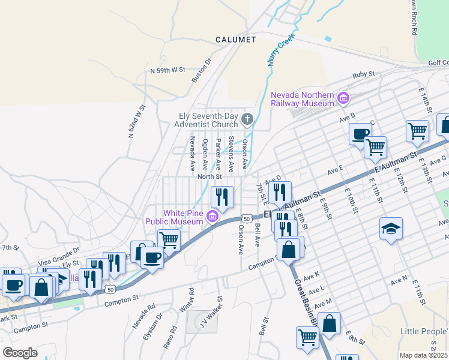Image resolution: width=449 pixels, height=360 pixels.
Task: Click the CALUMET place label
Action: [x=236, y=40]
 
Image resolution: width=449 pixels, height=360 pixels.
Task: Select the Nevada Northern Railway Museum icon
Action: [x=343, y=98]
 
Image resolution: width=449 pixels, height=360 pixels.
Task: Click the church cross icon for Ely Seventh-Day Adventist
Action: [x=247, y=118]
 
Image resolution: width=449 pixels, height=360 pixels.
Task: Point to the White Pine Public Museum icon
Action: [x=212, y=216]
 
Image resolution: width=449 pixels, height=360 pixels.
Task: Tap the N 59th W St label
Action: [x=167, y=71]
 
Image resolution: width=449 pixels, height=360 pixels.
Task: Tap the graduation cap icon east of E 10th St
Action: [x=391, y=228]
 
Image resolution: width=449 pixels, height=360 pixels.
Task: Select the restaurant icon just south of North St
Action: [x=222, y=197]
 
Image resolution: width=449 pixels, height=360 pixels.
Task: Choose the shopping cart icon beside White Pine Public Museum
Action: [x=169, y=239]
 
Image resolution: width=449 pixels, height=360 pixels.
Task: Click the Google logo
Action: [x=20, y=352]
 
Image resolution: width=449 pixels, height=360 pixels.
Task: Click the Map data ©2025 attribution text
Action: [x=424, y=355]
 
